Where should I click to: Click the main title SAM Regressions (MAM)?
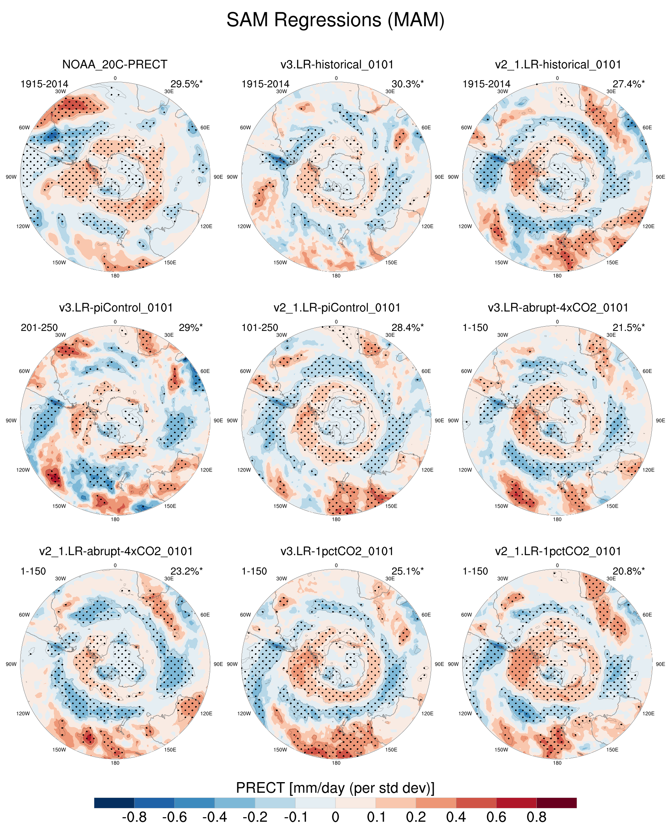(x=335, y=20)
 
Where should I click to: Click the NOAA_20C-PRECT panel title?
(x=115, y=64)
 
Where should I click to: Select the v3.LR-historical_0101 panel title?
(x=337, y=64)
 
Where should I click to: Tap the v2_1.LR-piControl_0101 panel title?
(x=337, y=308)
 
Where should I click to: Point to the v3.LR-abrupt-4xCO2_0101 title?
(x=558, y=308)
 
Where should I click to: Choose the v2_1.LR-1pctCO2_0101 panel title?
(x=558, y=551)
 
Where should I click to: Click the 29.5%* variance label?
(x=186, y=84)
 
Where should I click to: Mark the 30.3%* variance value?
(x=407, y=84)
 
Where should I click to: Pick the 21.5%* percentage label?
(x=629, y=328)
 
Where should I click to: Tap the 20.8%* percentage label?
(x=629, y=571)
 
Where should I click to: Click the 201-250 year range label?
(x=39, y=328)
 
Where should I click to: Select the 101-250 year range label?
(x=260, y=328)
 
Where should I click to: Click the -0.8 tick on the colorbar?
(x=134, y=817)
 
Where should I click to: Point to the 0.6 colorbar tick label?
(x=496, y=817)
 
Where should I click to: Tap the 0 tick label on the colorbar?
(x=335, y=817)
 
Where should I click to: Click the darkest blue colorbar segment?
(x=114, y=803)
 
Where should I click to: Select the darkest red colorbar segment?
(x=556, y=803)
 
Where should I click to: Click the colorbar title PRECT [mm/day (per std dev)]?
(x=335, y=788)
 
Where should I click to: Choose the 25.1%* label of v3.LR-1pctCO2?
(x=407, y=571)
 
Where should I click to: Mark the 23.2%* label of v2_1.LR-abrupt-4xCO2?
(x=186, y=571)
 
